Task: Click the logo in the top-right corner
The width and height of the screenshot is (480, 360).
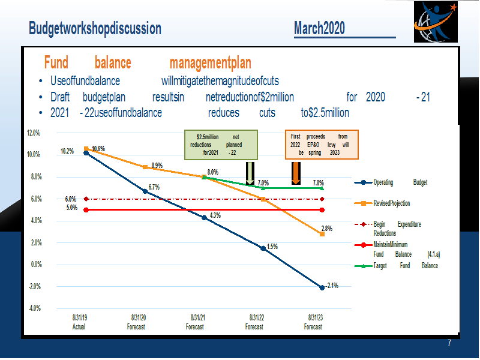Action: (x=436, y=22)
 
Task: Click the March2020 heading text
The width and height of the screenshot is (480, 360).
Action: (x=319, y=28)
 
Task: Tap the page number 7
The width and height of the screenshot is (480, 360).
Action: (x=449, y=343)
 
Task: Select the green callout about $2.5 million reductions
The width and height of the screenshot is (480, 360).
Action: (x=221, y=145)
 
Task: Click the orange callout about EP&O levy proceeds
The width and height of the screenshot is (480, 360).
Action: (x=322, y=145)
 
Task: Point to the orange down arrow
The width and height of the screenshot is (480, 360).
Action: (x=296, y=173)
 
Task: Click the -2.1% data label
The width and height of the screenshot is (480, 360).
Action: (x=332, y=286)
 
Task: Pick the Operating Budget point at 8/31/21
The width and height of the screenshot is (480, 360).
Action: (x=204, y=217)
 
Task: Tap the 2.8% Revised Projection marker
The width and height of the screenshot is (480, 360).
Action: (x=322, y=234)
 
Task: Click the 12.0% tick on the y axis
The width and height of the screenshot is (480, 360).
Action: (x=34, y=133)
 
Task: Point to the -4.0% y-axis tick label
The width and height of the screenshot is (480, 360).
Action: (x=35, y=308)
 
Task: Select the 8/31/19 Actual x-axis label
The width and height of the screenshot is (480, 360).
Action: (x=79, y=322)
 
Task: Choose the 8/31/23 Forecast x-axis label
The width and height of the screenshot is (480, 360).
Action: (x=313, y=322)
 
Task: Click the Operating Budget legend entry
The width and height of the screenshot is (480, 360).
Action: (x=391, y=182)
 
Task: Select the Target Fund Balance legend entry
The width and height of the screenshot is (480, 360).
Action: (x=396, y=266)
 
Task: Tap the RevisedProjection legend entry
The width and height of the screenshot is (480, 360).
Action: (x=382, y=203)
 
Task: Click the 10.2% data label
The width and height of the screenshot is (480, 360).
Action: (x=67, y=151)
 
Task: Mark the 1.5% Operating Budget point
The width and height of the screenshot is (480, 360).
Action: (x=263, y=248)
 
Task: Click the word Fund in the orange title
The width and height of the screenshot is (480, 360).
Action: (x=56, y=62)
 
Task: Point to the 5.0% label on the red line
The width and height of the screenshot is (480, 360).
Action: (x=72, y=208)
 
